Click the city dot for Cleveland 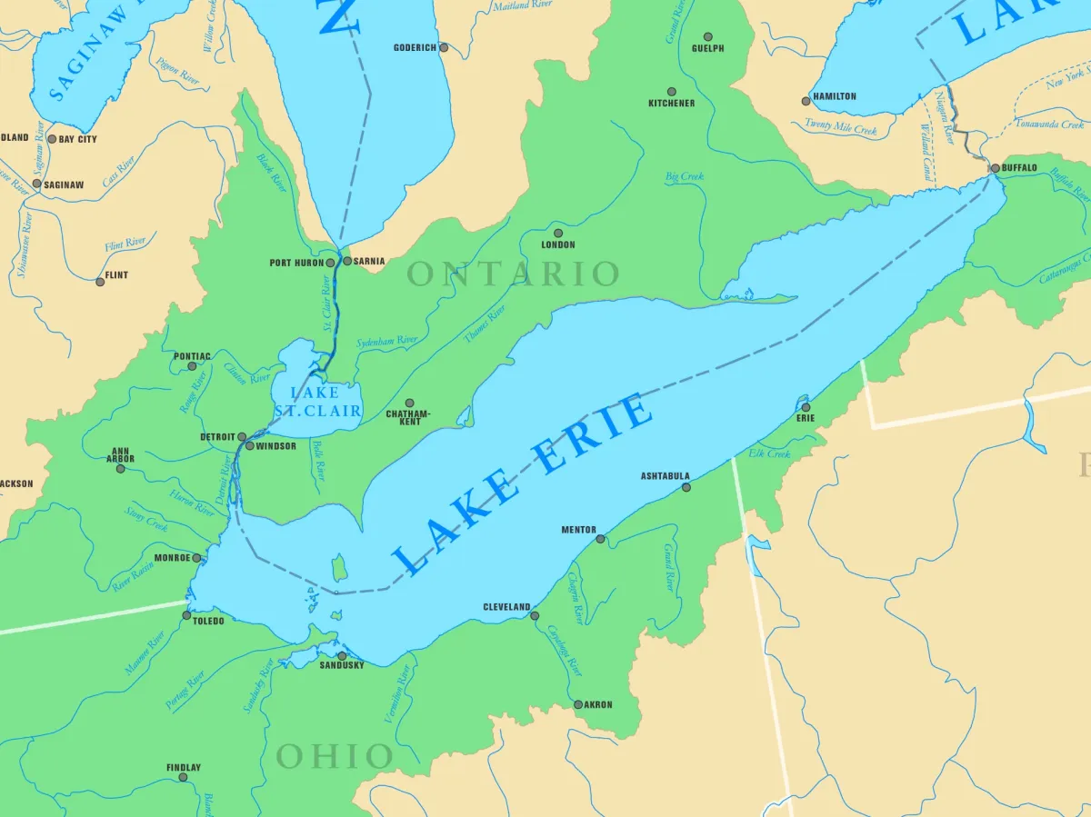(535, 616)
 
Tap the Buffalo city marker (995, 168)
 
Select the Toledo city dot (186, 615)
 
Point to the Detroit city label (218, 437)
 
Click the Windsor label (276, 446)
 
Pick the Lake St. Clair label (316, 402)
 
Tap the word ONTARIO (514, 274)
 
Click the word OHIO (335, 756)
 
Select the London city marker (558, 233)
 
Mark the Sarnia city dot (347, 261)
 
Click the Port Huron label (296, 263)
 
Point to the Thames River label (485, 325)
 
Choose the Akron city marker (578, 704)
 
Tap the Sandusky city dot (342, 655)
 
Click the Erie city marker (806, 407)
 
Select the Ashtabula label (665, 476)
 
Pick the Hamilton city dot (806, 101)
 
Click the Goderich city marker (444, 47)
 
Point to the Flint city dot (100, 282)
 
